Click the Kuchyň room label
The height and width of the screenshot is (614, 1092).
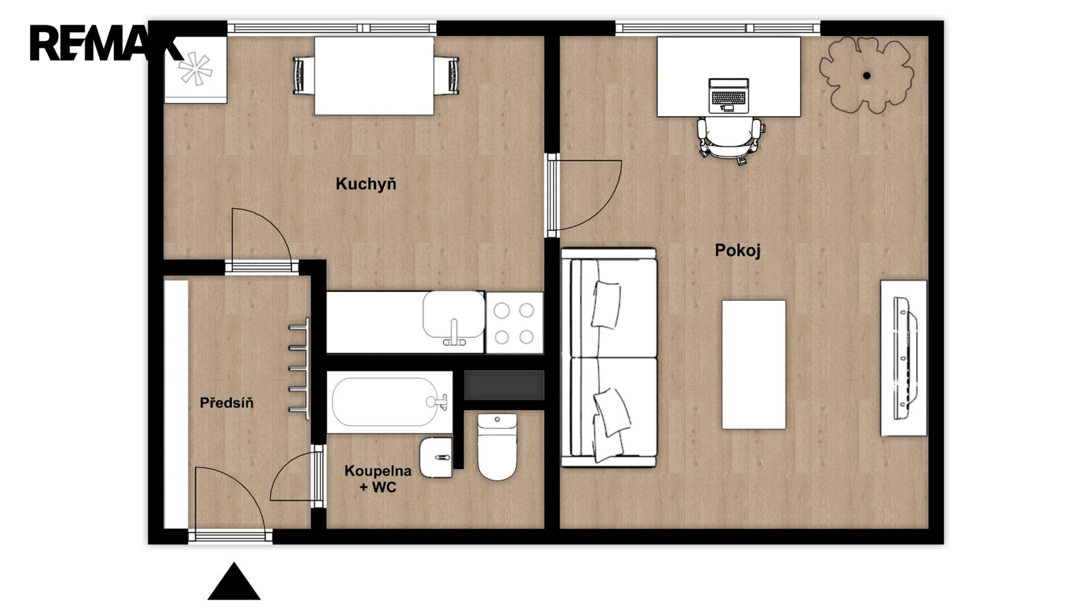tap(366, 184)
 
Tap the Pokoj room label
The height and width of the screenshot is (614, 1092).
tap(738, 250)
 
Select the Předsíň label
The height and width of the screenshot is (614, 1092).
tap(227, 403)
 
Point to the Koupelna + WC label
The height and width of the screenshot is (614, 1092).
tap(378, 478)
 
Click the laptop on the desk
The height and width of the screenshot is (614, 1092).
tap(728, 96)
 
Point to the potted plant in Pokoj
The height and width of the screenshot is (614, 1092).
tap(866, 75)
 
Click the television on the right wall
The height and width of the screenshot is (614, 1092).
tap(904, 358)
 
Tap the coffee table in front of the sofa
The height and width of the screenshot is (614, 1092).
tap(753, 364)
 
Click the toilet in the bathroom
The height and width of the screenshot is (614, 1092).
tap(497, 447)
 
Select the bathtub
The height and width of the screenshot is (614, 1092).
tap(390, 402)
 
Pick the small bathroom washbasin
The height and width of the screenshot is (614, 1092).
tap(436, 457)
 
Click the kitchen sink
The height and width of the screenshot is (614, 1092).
tap(453, 318)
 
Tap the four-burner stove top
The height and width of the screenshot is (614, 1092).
tap(515, 323)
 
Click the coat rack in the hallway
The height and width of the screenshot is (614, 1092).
tap(300, 368)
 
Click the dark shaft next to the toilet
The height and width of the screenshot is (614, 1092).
tap(504, 385)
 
